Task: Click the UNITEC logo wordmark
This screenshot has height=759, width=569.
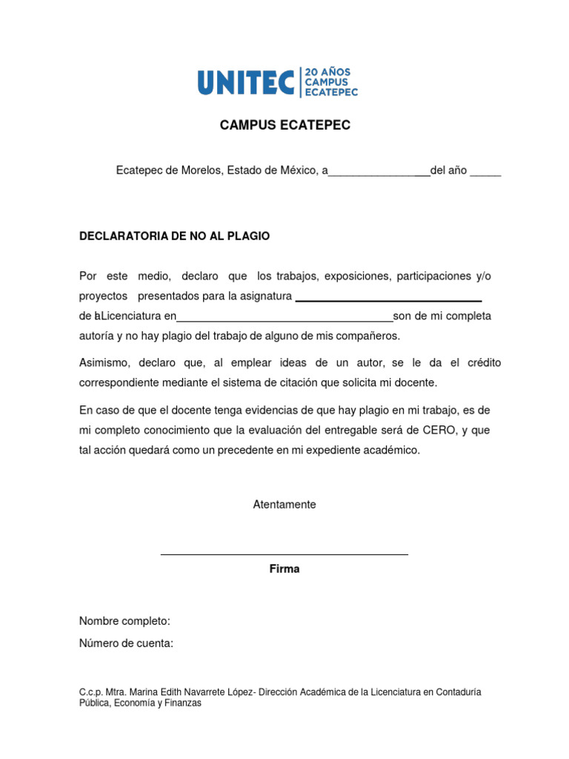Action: pyautogui.click(x=246, y=82)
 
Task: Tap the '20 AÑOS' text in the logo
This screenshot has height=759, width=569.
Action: pyautogui.click(x=327, y=72)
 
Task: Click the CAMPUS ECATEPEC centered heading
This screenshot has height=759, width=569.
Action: pyautogui.click(x=285, y=125)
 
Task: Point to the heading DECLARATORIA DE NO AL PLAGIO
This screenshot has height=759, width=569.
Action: pyautogui.click(x=175, y=236)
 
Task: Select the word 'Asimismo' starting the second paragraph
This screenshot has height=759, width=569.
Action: pyautogui.click(x=103, y=362)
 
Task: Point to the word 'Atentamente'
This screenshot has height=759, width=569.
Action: pyautogui.click(x=284, y=504)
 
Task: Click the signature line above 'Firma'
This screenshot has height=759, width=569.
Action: pyautogui.click(x=284, y=554)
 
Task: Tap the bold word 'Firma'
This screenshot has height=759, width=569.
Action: pyautogui.click(x=284, y=569)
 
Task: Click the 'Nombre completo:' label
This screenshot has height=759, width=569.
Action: pyautogui.click(x=124, y=620)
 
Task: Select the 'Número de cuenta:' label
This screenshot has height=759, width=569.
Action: pyautogui.click(x=126, y=643)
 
